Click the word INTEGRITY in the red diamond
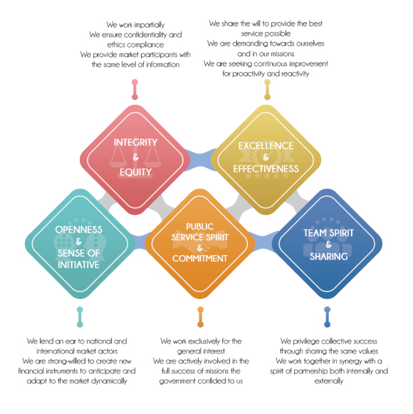click(135, 143)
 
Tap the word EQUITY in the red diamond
click(135, 172)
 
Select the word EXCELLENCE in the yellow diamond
click(266, 146)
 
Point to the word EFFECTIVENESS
click(266, 169)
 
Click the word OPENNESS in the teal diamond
click(78, 229)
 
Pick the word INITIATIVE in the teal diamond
click(78, 265)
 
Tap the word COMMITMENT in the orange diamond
click(200, 259)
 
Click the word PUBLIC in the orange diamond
click(200, 227)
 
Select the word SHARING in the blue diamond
click(328, 257)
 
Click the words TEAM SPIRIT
click(328, 233)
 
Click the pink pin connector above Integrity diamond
click(135, 90)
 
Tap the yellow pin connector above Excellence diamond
click(267, 90)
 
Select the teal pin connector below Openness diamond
click(80, 317)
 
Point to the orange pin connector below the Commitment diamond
click(200, 317)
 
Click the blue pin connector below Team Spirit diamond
click(328, 317)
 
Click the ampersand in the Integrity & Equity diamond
click(135, 157)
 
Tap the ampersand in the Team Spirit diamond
click(328, 244)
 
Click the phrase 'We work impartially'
click(135, 25)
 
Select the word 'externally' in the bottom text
click(329, 381)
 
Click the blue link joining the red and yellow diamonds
click(200, 160)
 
